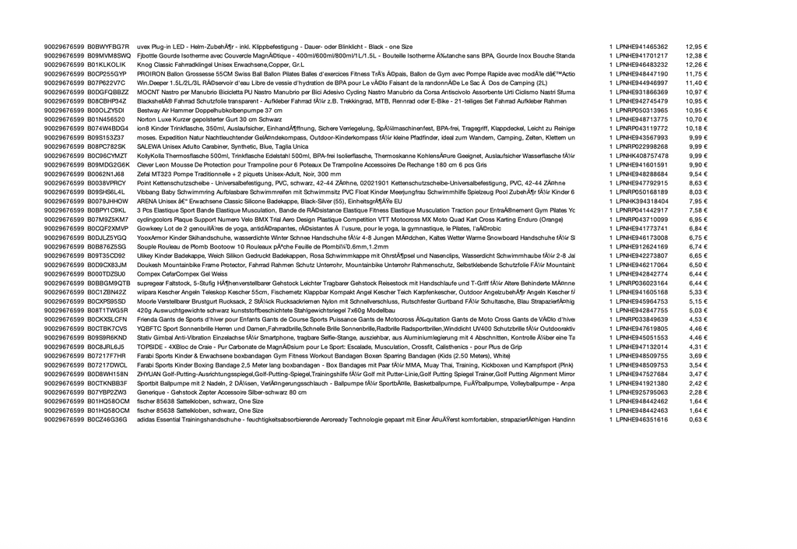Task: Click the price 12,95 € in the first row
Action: point(696,47)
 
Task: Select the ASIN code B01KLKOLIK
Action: point(109,65)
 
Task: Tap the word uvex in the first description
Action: point(144,47)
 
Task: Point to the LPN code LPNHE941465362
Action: point(641,47)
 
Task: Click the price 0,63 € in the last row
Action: point(697,419)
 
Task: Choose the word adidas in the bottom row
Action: point(146,419)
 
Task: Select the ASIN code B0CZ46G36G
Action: point(107,419)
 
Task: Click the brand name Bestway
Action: point(148,110)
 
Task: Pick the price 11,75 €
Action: point(696,74)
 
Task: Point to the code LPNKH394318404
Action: point(641,201)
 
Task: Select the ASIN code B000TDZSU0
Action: point(107,273)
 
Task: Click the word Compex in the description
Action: point(148,273)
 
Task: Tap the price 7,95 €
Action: point(697,201)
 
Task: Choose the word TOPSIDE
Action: point(150,347)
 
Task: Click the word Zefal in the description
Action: point(145,174)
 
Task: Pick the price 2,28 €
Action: point(697,392)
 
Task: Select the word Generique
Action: point(151,392)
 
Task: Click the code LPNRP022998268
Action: point(641,146)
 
